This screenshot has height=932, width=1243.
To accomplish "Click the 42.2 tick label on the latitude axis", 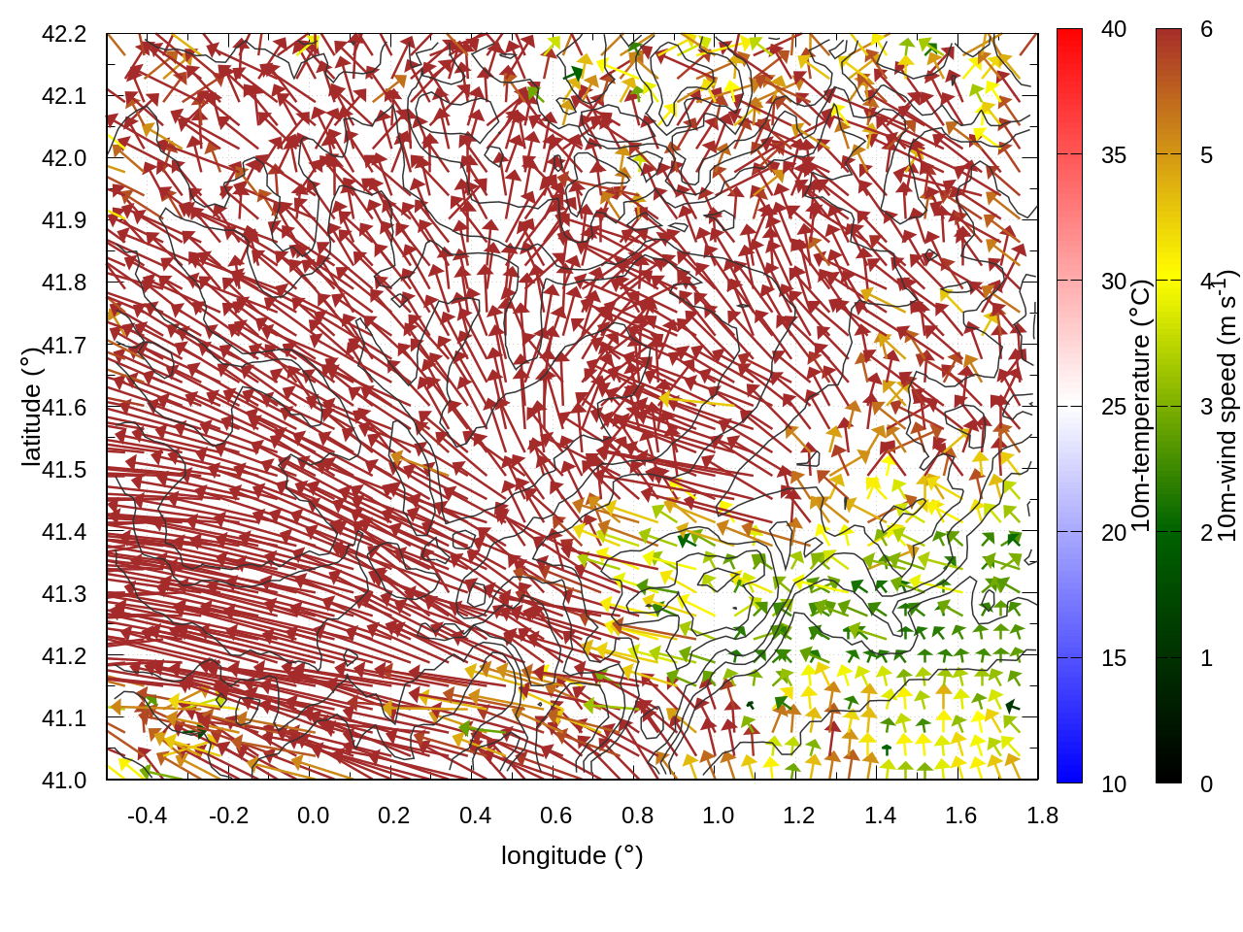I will tap(64, 34).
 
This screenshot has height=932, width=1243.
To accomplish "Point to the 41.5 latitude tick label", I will tap(64, 470).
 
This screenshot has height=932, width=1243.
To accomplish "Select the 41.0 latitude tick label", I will tap(64, 781).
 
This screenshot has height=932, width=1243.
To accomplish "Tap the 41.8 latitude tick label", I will tap(64, 283).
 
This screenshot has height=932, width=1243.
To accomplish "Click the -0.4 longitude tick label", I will tap(147, 815).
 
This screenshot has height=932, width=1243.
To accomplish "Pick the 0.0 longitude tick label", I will tap(313, 815).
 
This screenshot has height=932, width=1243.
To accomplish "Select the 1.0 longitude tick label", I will tap(719, 815).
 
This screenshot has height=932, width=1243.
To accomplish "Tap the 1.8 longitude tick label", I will tap(1043, 815).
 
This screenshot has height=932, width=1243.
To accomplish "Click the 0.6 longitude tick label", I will tap(556, 815).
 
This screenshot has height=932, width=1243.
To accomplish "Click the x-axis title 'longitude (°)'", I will tap(572, 855).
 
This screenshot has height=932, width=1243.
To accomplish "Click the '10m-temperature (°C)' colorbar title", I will tap(1141, 406).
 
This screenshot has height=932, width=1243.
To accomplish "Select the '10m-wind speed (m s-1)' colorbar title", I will tap(1226, 406).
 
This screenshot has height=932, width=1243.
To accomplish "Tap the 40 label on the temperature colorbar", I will tap(1114, 29).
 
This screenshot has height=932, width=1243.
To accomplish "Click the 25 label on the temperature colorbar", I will tap(1114, 407).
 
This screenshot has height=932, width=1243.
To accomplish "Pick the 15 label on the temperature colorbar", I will tap(1114, 658).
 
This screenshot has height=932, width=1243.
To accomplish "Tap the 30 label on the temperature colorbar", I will tap(1114, 282).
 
